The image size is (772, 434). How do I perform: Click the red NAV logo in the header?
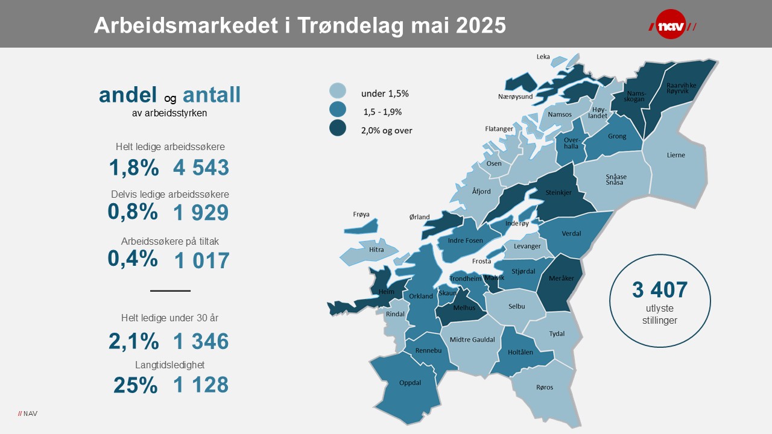point(671,25)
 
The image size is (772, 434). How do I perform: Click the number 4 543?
point(201,168)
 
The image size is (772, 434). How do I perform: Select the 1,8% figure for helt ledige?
point(134,168)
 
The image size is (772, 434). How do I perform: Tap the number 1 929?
point(201,212)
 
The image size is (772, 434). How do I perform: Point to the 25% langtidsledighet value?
point(135,385)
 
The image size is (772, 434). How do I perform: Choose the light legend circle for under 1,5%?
point(338,91)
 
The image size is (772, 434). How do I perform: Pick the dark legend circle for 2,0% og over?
point(338,128)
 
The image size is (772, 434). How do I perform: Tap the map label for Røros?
point(544,387)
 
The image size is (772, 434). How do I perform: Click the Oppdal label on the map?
point(410,382)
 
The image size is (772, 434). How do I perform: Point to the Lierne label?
point(676,155)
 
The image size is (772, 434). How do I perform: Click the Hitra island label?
point(376,249)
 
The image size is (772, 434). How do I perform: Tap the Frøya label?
point(361,214)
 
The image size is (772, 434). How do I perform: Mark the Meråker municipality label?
point(562,278)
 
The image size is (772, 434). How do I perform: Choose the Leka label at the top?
point(543,57)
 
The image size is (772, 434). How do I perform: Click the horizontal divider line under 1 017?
point(170,291)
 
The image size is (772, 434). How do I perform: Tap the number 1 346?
point(201,342)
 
